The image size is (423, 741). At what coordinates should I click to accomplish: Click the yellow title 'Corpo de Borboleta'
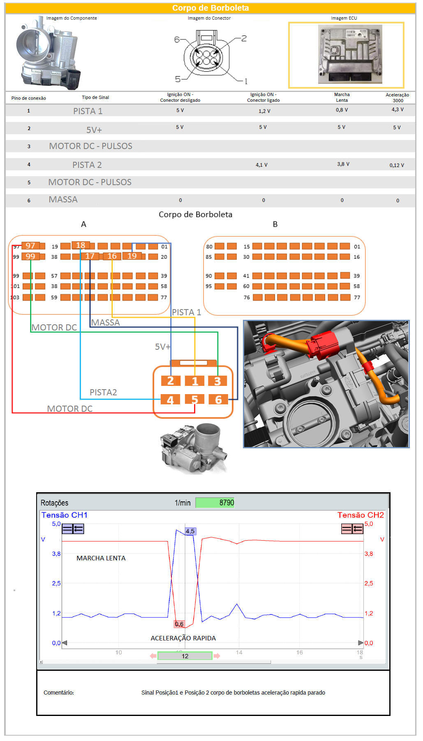click(210, 8)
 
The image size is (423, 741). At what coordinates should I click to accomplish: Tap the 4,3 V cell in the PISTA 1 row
click(398, 110)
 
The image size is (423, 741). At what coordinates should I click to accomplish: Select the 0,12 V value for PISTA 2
click(397, 165)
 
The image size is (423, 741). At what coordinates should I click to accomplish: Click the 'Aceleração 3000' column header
click(398, 98)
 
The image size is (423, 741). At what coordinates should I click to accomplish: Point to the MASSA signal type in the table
click(63, 200)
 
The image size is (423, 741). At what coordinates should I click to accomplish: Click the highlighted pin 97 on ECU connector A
click(30, 245)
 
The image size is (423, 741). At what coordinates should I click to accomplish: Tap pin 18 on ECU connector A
click(81, 245)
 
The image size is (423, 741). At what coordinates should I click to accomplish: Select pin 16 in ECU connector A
click(112, 256)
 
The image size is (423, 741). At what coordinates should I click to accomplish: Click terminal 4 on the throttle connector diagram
click(170, 400)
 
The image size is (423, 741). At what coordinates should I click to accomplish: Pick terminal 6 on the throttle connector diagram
click(218, 399)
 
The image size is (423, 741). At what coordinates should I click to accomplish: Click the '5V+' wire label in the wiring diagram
click(163, 347)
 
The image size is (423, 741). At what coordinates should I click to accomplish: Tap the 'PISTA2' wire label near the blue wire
click(103, 392)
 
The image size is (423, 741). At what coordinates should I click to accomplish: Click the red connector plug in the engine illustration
click(325, 344)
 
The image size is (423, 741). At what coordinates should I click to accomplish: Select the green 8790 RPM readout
click(215, 502)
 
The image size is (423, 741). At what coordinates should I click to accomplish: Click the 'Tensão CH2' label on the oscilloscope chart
click(361, 515)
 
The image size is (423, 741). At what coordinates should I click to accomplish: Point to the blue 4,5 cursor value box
click(190, 531)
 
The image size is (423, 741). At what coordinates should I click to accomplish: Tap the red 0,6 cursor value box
click(179, 624)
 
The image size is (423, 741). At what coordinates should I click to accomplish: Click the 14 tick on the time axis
click(239, 652)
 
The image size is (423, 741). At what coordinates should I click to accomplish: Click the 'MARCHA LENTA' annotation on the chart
click(101, 558)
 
